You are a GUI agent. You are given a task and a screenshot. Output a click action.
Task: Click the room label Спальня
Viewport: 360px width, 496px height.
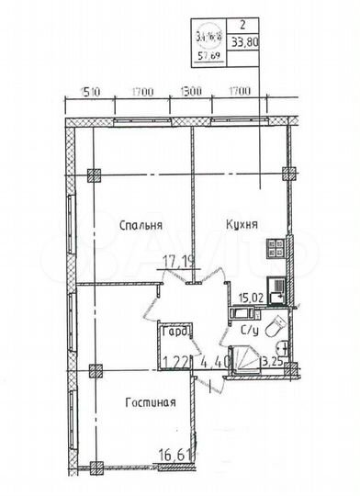click(x=141, y=224)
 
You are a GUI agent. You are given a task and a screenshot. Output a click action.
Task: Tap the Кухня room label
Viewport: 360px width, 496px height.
click(x=240, y=223)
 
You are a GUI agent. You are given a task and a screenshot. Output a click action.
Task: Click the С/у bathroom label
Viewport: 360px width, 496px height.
click(x=249, y=331)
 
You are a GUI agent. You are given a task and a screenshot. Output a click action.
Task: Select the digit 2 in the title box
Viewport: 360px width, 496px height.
click(x=241, y=28)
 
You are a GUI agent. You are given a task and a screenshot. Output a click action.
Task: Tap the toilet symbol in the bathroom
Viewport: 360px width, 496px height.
click(x=276, y=328)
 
